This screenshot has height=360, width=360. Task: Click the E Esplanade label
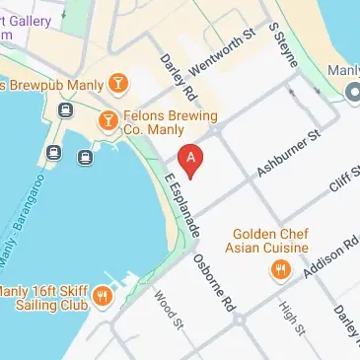click(x=183, y=205)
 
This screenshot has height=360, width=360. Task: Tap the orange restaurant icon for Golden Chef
click(x=281, y=268)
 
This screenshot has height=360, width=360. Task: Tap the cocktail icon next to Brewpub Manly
click(x=118, y=81)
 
